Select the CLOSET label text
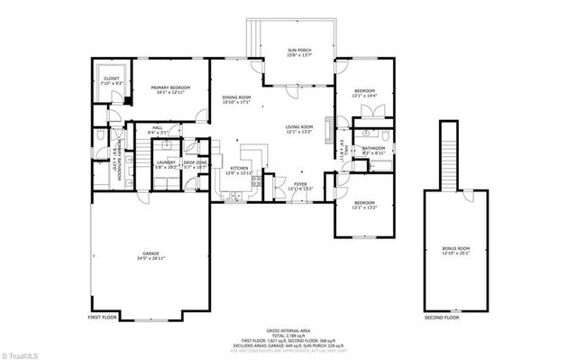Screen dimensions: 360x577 (112, 78)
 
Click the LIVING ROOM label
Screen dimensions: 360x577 (298, 127)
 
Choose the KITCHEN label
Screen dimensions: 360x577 (238, 168)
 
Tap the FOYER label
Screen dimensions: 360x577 (300, 184)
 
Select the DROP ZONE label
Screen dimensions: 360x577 (196, 163)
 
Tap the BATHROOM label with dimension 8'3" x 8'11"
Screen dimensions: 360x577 (373, 148)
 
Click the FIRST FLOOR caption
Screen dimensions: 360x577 (102, 318)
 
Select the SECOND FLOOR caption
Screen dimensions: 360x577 (442, 318)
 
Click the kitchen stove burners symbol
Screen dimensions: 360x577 (256, 180)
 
